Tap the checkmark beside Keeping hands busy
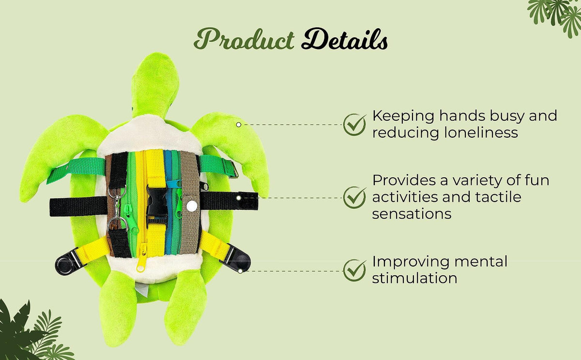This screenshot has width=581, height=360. click(355, 125)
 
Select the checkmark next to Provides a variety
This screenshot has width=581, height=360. click(355, 198)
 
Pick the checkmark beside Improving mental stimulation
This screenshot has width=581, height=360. click(355, 270)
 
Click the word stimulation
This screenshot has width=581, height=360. click(414, 278)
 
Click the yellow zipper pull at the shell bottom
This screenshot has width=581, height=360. click(141, 262)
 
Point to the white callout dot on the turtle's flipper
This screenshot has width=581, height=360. click(238, 125)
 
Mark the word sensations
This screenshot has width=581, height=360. click(412, 214)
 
